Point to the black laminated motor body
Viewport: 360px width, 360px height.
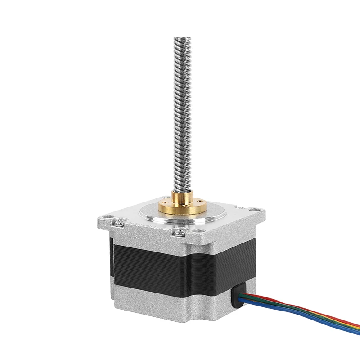[x=180, y=270]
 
